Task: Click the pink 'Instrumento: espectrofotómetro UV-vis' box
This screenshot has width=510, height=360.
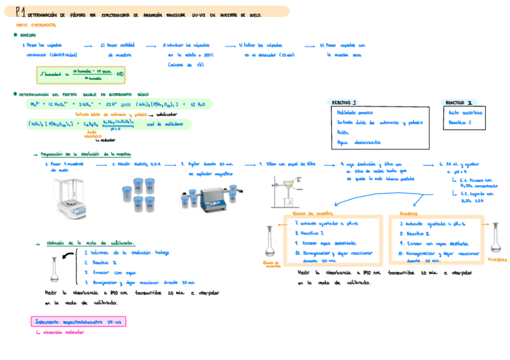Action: [x=78, y=322]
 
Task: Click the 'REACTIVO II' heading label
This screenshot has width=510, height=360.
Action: [x=459, y=103]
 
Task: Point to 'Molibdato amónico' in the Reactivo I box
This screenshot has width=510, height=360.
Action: [x=355, y=112]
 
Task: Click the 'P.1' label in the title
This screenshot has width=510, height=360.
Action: [x=20, y=11]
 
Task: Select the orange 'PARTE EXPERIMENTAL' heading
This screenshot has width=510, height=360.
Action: [x=35, y=25]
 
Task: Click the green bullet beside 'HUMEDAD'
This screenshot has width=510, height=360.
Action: [x=15, y=35]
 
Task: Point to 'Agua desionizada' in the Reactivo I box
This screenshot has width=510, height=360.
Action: [x=358, y=142]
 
